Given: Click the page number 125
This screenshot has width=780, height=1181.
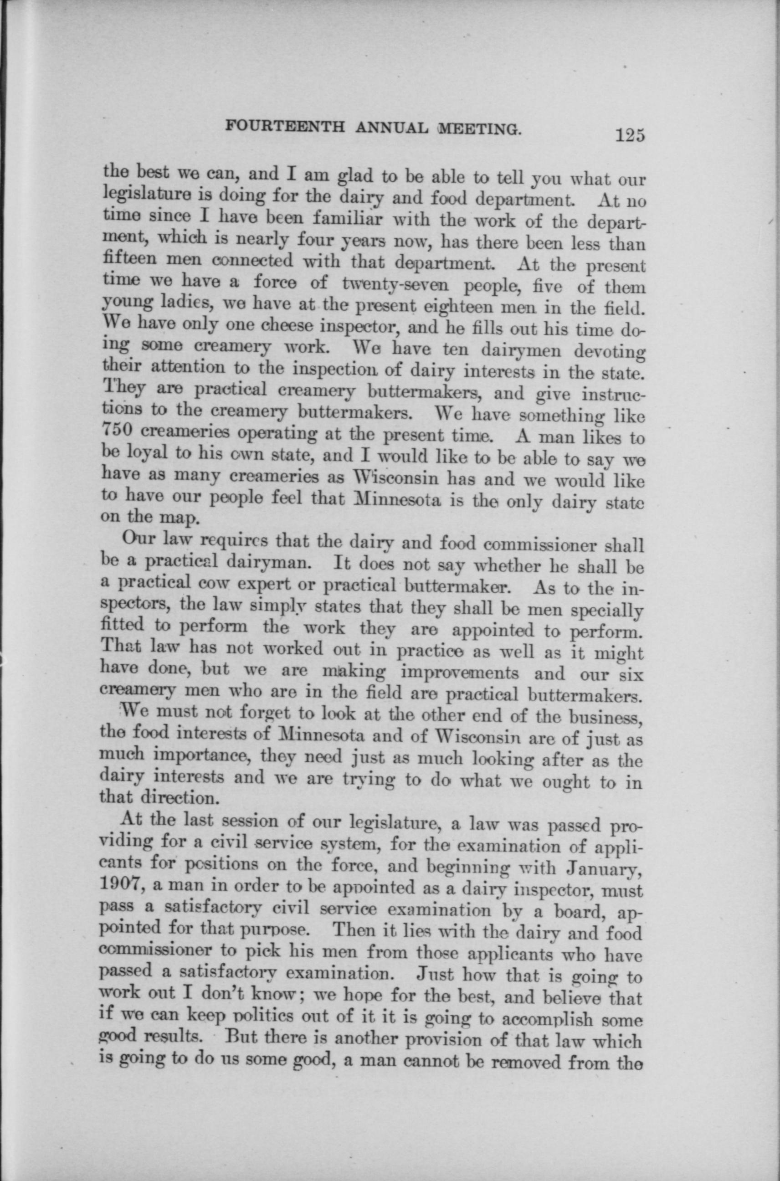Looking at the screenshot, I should click(x=630, y=135).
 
